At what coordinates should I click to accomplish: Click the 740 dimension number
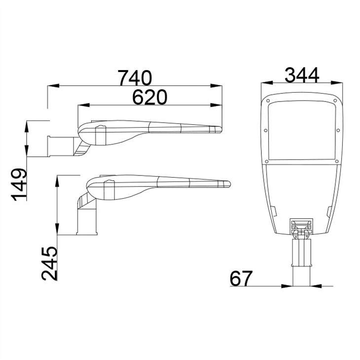(x=135, y=77)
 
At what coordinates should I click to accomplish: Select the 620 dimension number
(x=150, y=97)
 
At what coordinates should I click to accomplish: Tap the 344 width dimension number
(x=302, y=75)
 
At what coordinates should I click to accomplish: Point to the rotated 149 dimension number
(x=19, y=184)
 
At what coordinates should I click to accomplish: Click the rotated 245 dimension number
(x=49, y=263)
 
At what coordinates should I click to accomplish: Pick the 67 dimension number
(x=241, y=278)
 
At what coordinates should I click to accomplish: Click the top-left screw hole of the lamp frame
(x=268, y=101)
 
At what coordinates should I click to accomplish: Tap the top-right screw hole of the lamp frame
(x=335, y=101)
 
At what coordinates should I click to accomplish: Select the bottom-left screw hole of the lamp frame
(x=266, y=161)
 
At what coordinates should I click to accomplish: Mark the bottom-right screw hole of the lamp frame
(x=337, y=161)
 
